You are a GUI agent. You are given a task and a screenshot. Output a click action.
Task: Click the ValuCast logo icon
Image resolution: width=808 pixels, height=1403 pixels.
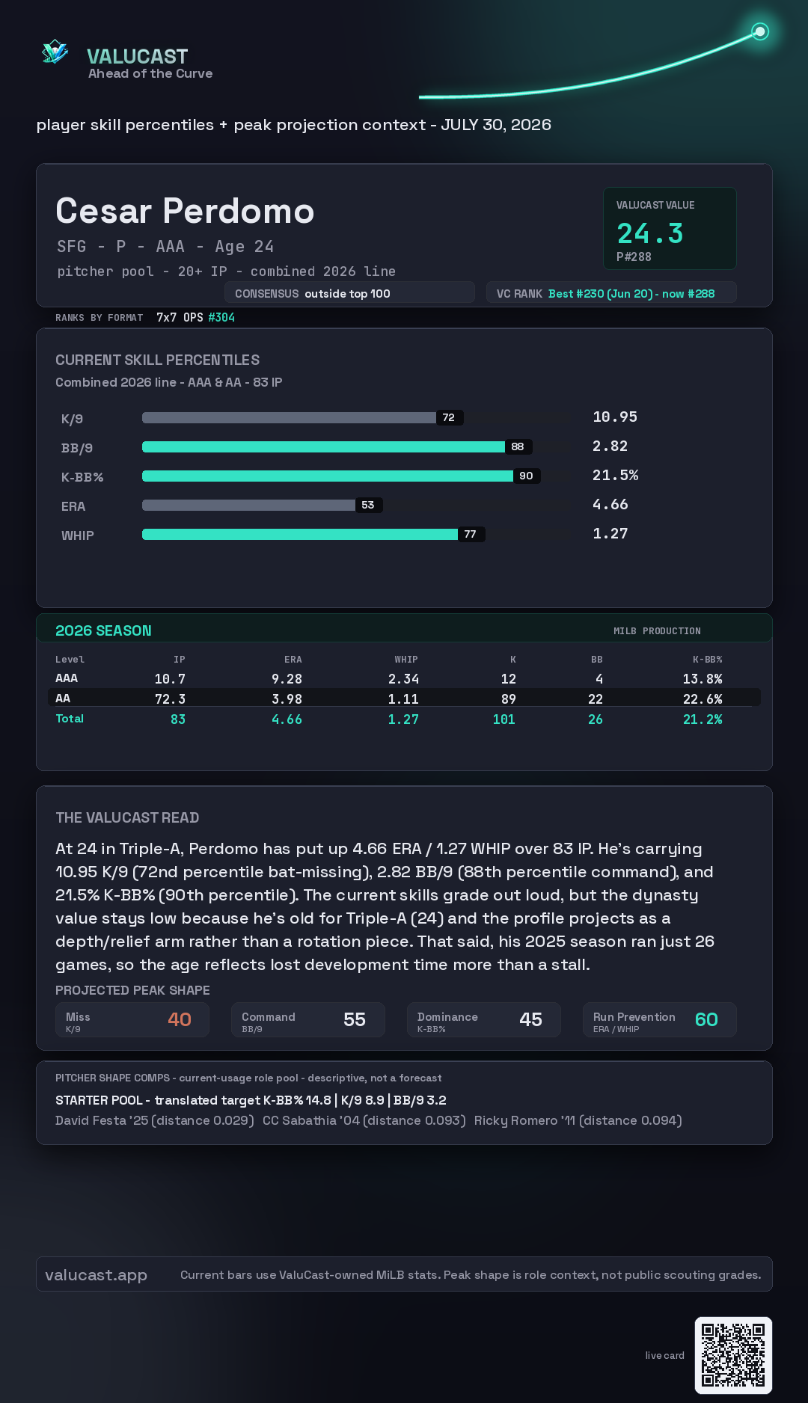[x=55, y=52]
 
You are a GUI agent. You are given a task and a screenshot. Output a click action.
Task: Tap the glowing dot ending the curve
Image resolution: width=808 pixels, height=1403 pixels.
[x=760, y=31]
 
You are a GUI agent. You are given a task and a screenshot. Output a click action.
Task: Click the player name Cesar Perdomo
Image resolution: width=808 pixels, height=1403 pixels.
[x=185, y=211]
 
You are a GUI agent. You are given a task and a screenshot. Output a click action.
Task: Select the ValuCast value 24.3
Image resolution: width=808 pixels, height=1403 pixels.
[x=650, y=233]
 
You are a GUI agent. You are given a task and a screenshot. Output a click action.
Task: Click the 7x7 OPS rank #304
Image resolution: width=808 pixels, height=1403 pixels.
[x=221, y=317]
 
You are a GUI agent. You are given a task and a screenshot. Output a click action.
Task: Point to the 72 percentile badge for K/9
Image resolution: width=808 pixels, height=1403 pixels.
[x=449, y=417]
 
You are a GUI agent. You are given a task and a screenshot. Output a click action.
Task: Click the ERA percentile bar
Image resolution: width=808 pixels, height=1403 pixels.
[x=248, y=505]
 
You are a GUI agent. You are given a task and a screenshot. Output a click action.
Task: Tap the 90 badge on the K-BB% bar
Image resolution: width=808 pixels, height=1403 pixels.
[x=527, y=476]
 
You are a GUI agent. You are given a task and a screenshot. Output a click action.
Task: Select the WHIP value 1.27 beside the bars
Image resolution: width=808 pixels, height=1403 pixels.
[x=610, y=533]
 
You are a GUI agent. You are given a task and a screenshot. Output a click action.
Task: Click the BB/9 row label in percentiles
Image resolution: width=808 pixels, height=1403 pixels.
[x=77, y=448]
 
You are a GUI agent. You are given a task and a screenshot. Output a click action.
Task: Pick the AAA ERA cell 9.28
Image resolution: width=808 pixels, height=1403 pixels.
[x=287, y=679]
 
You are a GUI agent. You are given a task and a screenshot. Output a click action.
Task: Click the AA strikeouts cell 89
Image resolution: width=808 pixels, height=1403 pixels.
[x=509, y=699]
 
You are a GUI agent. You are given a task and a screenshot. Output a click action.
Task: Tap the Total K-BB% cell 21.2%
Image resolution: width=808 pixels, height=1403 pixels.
[x=703, y=719]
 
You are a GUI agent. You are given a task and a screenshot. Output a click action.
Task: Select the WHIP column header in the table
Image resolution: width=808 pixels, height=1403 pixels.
[x=406, y=660]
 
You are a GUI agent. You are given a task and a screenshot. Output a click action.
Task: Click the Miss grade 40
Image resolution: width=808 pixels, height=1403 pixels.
[x=180, y=1019]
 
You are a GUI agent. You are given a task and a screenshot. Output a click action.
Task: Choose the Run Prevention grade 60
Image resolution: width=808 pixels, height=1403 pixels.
[x=706, y=1019]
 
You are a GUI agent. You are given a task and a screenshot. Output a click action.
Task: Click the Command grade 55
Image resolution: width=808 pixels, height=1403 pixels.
[x=355, y=1019]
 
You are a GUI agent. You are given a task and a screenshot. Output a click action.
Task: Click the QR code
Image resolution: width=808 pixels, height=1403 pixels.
[x=733, y=1355]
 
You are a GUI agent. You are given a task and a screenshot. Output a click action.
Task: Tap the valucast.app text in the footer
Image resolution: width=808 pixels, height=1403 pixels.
[x=96, y=1275]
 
